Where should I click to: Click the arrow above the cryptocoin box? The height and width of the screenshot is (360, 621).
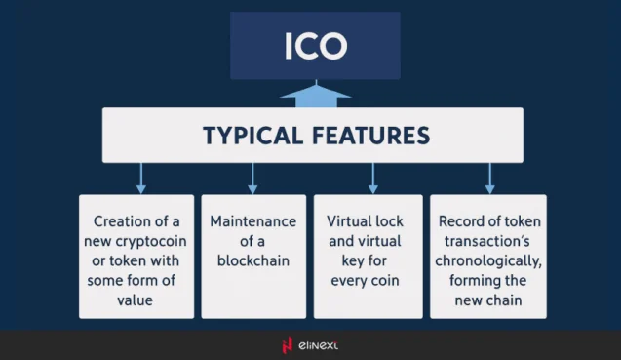pos(140,179)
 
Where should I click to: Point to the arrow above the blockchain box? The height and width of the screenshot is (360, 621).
pos(252,179)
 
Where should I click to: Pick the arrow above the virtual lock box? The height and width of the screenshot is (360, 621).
pos(372,179)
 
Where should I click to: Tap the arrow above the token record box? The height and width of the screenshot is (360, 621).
pos(489,179)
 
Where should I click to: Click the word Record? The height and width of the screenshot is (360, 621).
pos(463,221)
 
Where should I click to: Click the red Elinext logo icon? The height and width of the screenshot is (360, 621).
pos(287,344)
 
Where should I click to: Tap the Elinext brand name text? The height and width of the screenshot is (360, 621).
pos(321,345)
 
